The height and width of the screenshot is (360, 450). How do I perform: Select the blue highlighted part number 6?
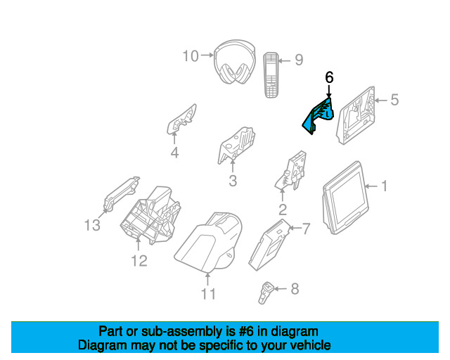click(x=319, y=114)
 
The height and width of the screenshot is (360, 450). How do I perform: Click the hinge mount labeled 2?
click(x=291, y=173)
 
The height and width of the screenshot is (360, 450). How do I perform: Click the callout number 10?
click(x=191, y=56)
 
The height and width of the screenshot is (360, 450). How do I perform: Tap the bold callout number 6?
click(x=328, y=77)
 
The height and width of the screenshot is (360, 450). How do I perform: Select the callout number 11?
click(x=208, y=294)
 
